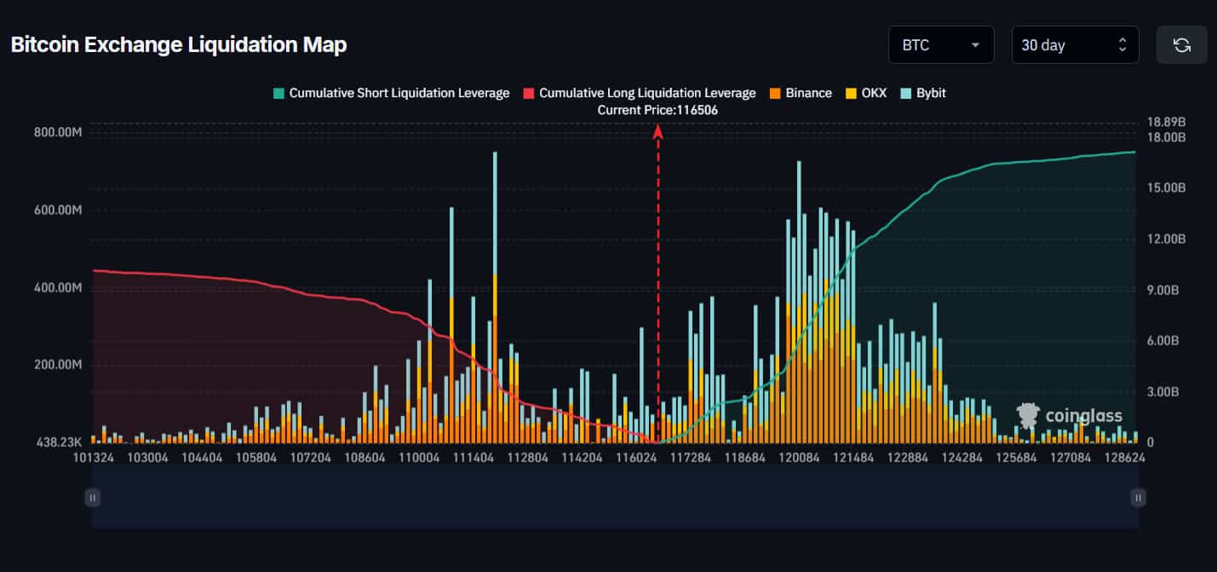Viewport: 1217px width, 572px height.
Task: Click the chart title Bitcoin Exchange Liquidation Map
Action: pos(178,45)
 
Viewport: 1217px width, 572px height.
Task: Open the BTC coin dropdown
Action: pos(940,45)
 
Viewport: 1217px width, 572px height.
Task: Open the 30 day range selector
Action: pos(1074,45)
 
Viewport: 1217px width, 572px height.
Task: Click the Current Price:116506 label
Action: pos(657,110)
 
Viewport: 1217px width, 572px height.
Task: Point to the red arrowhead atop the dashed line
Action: pos(657,130)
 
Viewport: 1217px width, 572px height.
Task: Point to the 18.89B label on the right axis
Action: pos(1167,122)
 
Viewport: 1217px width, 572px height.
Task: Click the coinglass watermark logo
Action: pos(1070,415)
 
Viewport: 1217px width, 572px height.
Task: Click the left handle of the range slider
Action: pos(93,497)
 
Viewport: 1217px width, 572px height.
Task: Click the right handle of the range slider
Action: pos(1138,497)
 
